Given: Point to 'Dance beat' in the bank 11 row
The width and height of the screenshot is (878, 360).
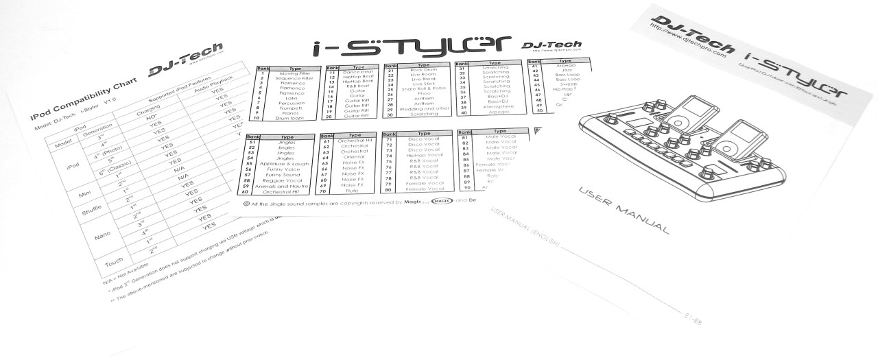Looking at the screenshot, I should [x=359, y=73].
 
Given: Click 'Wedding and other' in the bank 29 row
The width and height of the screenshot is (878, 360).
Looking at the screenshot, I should [x=424, y=108].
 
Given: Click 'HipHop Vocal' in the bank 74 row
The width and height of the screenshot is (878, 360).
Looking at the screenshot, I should [x=425, y=156].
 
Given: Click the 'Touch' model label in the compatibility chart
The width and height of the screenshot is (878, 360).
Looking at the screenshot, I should [x=109, y=263].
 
